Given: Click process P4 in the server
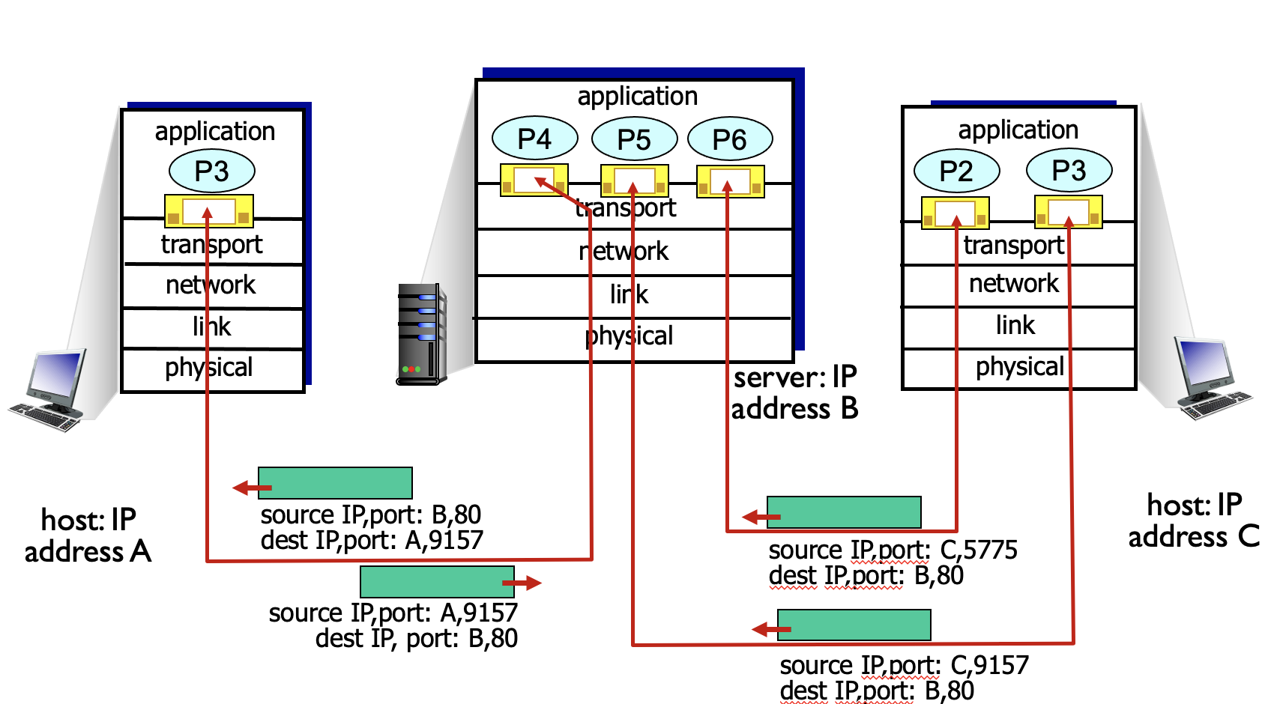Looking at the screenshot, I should (x=534, y=139).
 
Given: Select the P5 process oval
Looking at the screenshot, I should (x=634, y=139).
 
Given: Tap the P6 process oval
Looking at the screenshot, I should (x=729, y=139).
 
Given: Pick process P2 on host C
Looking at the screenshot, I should (x=956, y=171).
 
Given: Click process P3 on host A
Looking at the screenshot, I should (x=211, y=171).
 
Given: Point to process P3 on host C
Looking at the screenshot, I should (x=1069, y=170).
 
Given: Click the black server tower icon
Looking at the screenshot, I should (x=421, y=334).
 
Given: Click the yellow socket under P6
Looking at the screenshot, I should (x=731, y=181).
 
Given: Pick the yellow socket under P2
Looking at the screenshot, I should (x=955, y=213).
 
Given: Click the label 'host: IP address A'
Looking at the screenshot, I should (x=88, y=535).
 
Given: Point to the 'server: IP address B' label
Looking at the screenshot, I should (x=794, y=393).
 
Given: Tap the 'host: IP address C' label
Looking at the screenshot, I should (x=1194, y=521).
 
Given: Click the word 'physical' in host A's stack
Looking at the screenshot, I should (x=209, y=368).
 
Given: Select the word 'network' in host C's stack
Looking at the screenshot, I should (x=1014, y=283).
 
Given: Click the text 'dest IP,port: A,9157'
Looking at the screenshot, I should (x=372, y=540).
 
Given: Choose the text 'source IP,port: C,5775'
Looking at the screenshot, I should (x=893, y=550).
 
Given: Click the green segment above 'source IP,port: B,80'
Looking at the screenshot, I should (x=335, y=483).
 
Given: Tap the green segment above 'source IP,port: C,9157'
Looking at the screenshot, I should (x=854, y=625).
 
